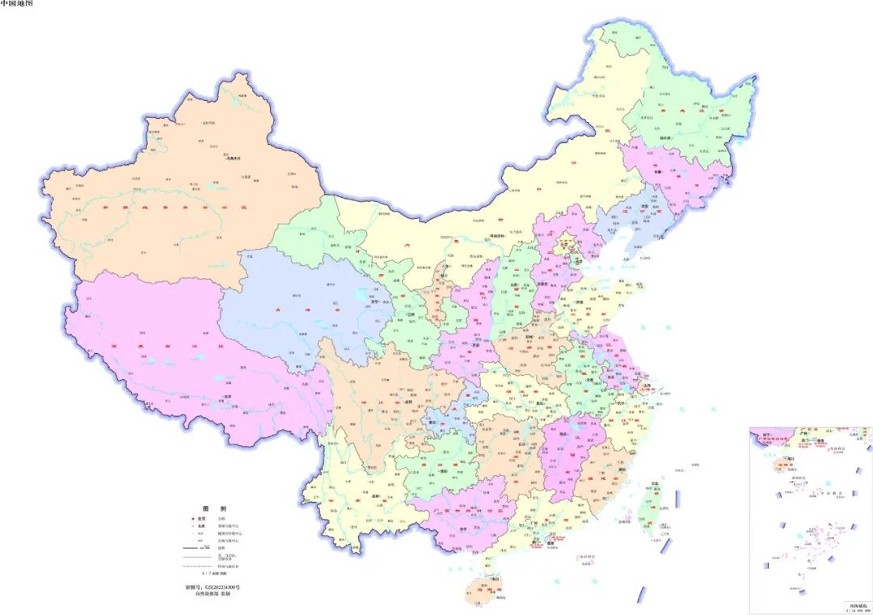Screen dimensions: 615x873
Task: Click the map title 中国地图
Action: pyautogui.click(x=17, y=4)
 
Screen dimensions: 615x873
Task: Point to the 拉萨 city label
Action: pyautogui.click(x=229, y=397)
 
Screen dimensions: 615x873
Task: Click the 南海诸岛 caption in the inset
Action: pyautogui.click(x=856, y=604)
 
